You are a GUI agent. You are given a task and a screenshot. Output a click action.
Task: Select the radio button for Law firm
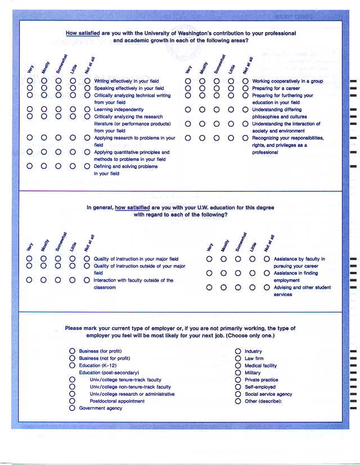point(238,359)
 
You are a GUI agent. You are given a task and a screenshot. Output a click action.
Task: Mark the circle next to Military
point(238,373)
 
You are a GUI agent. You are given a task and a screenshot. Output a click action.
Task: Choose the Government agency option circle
point(73,408)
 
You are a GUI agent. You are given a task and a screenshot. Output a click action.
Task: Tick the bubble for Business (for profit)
point(73,351)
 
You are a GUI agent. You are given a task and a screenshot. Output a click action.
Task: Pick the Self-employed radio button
point(238,387)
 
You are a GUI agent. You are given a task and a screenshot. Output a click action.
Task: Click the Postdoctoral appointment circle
point(73,401)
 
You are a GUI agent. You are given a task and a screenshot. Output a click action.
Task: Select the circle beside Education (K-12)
point(73,365)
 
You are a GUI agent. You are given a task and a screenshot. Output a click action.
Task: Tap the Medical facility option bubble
point(238,365)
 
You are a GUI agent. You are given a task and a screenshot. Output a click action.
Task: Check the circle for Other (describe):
point(238,401)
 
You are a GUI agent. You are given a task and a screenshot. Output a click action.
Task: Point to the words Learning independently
point(119,110)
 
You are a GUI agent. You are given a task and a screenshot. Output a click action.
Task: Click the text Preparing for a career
point(276,88)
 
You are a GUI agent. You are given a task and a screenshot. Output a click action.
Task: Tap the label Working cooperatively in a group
point(287,81)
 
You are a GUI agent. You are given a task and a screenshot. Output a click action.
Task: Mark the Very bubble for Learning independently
point(30,109)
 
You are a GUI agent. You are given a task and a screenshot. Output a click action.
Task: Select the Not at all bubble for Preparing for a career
point(245,88)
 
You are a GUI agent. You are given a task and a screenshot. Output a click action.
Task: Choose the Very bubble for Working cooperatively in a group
point(188,81)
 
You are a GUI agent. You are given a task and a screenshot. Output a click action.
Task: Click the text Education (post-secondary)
point(109,373)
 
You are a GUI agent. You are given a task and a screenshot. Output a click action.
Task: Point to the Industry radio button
point(238,351)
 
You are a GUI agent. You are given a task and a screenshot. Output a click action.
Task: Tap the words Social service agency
point(268,394)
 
